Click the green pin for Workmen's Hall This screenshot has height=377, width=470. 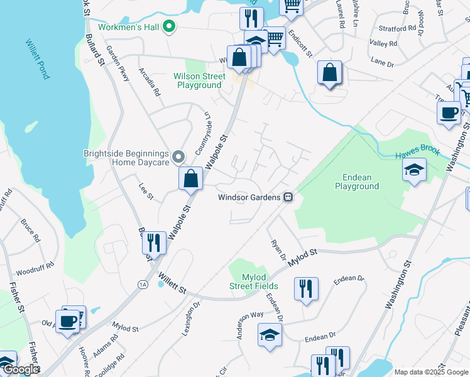[x=168, y=26]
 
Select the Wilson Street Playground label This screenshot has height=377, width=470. [x=199, y=80]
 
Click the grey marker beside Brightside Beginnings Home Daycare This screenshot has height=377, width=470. [x=178, y=156]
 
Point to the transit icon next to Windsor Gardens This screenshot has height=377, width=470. [x=288, y=197]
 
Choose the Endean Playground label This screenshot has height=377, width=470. [x=356, y=182]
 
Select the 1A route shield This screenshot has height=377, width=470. [x=143, y=285]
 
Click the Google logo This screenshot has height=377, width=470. [x=20, y=369]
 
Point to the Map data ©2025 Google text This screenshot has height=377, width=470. [x=431, y=372]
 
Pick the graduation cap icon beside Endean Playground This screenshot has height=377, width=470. [x=414, y=171]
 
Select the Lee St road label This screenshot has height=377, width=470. [x=145, y=196]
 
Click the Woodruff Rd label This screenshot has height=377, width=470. [x=30, y=272]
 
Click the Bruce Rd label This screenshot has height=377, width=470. [x=30, y=230]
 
